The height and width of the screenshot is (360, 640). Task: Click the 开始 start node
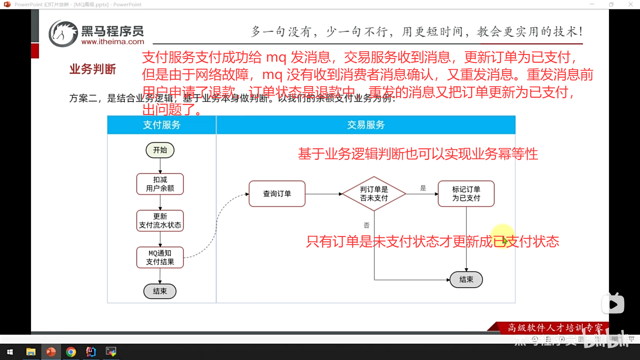[160, 150]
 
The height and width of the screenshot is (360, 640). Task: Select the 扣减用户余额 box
[160, 184]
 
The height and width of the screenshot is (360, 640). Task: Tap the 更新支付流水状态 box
[160, 221]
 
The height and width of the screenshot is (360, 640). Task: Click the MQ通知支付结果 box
[160, 257]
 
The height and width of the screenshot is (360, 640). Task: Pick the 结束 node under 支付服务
[160, 291]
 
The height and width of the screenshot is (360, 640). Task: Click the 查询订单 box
[277, 194]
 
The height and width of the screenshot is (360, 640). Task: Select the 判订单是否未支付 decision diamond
[374, 194]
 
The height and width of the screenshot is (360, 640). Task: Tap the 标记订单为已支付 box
[466, 194]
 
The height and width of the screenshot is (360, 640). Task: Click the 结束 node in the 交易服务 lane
[466, 279]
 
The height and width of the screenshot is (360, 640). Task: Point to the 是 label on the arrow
[423, 188]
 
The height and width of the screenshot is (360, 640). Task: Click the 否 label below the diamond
[367, 225]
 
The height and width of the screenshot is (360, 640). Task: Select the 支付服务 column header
[162, 125]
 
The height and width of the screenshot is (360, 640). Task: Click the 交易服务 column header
[366, 125]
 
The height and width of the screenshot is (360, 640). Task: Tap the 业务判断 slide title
[93, 69]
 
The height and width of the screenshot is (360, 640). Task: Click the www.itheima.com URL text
[113, 42]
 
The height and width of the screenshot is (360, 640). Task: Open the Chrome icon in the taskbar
[71, 352]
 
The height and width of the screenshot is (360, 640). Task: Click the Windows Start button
[10, 352]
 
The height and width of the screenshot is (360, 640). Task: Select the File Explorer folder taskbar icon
[31, 352]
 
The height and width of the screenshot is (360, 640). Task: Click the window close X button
[630, 4]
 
